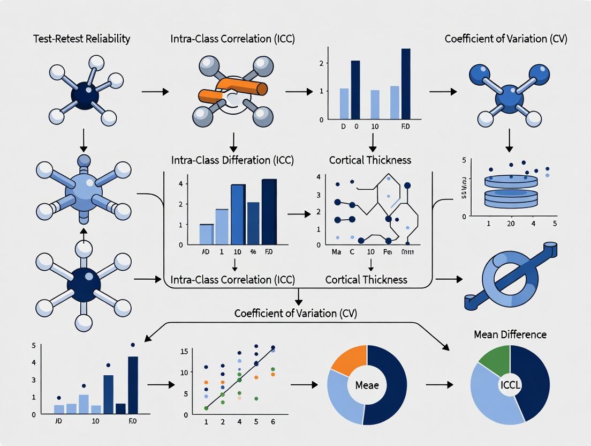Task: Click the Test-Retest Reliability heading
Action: [82, 39]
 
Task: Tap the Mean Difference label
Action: [510, 334]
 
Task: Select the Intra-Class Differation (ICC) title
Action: [232, 160]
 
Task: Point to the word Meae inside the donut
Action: [367, 385]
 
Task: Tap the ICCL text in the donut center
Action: [510, 385]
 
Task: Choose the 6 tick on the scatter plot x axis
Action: [273, 422]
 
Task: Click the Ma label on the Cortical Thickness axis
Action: [336, 252]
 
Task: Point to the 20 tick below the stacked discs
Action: [511, 224]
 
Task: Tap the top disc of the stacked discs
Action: [511, 181]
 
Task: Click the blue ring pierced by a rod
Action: [509, 273]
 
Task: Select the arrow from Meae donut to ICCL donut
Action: [439, 385]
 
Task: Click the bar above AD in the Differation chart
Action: [206, 233]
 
